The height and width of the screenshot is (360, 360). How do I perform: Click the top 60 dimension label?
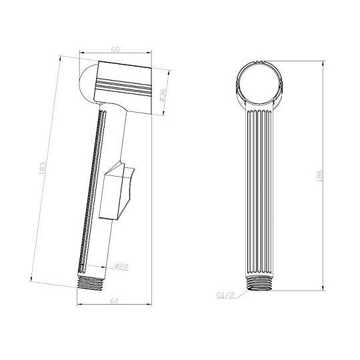115,49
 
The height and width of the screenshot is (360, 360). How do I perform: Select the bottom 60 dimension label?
115,301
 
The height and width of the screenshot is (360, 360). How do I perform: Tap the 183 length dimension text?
43,168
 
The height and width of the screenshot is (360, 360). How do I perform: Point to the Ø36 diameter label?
162,95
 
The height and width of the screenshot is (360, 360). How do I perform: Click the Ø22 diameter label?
122,267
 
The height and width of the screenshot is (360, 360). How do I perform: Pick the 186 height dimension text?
319,176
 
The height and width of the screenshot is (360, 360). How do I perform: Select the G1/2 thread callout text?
225,295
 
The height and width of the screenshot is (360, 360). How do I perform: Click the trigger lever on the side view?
117,191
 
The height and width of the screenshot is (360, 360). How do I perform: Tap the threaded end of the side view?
90,283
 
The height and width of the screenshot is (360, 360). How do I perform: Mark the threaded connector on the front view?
259,283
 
